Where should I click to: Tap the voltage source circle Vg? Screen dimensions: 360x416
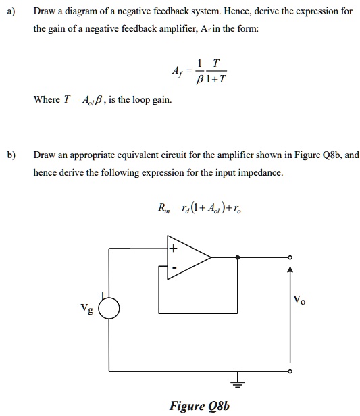[x=109, y=309]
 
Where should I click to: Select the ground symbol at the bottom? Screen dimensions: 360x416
[x=237, y=382]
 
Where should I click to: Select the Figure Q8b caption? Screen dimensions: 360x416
[x=199, y=405]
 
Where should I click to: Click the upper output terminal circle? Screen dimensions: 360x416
[x=291, y=257]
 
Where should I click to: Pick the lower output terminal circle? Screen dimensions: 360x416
[x=291, y=371]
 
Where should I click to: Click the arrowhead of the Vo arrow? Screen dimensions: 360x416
[x=291, y=270]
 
